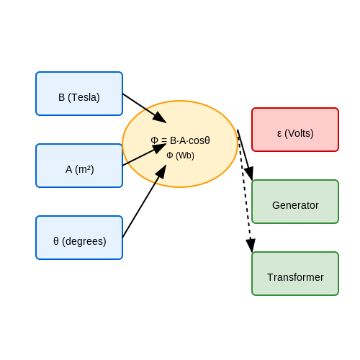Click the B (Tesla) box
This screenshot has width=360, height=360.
coord(79,94)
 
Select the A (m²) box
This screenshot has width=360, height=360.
coord(79,166)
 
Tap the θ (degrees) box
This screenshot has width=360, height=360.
coord(79,238)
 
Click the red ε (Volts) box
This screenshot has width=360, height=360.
coord(295,130)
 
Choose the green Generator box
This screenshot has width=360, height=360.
coord(295,202)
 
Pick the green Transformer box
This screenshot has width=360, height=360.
coord(295,274)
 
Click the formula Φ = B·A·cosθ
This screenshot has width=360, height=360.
coord(180,140)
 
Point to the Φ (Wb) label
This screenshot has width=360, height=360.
coord(180,156)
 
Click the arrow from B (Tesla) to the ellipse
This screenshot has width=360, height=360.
coord(145,108)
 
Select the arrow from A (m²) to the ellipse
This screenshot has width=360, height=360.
coord(145,155)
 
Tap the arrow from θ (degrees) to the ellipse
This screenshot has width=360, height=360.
coord(144,201)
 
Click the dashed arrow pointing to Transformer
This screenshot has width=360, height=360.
coord(245,191)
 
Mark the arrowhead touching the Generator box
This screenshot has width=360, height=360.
coord(249,174)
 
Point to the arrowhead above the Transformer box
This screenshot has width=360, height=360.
coord(251,246)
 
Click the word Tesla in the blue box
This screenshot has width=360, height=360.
coord(84,97)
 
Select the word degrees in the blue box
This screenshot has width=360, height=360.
coord(84,241)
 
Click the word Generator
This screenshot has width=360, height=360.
coord(295,205)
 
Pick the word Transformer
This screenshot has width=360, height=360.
coord(295,277)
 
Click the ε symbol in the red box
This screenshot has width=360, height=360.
coord(279,134)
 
